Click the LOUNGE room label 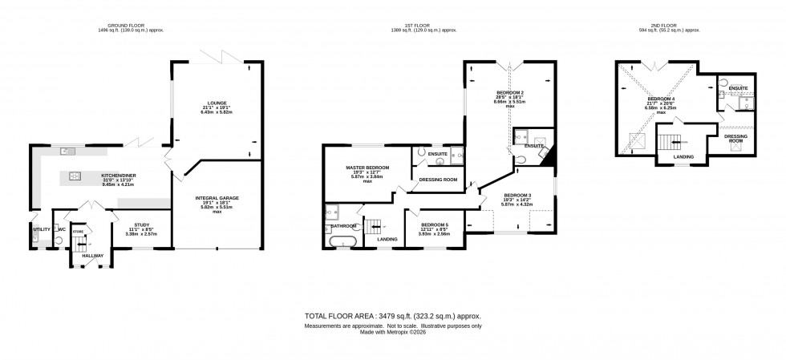click(216, 103)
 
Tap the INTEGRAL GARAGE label click(217, 197)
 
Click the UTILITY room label click(41, 229)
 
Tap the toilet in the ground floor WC click(59, 238)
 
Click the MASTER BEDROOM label click(367, 168)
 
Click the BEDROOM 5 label click(435, 224)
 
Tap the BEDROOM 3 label click(517, 196)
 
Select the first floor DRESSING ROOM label click(440, 180)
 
